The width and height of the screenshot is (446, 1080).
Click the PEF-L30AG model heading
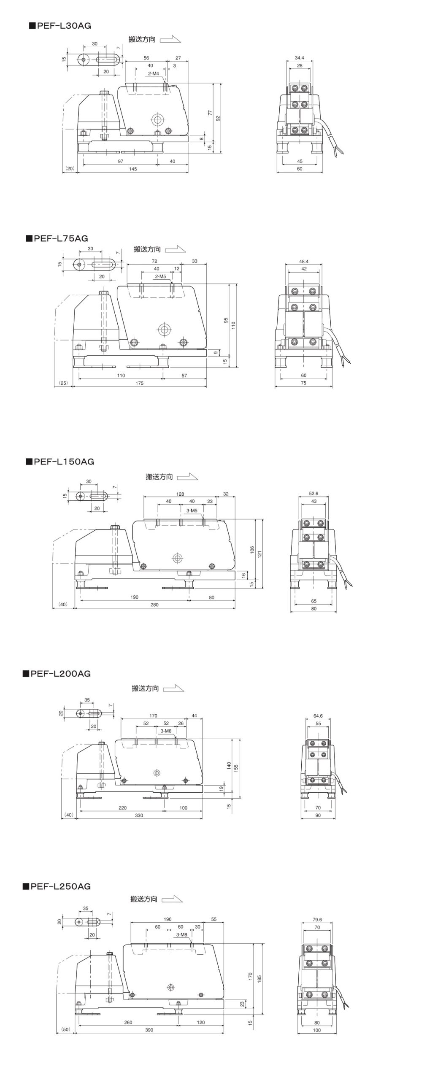(60, 26)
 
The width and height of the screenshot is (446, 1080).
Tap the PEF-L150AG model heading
(60, 462)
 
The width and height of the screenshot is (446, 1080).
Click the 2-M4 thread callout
(153, 73)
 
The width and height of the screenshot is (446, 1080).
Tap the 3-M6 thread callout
(166, 731)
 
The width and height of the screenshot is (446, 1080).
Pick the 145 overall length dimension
(133, 169)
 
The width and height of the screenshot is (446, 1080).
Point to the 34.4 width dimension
(300, 58)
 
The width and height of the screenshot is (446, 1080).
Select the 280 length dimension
(154, 605)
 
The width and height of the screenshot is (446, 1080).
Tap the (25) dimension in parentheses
(63, 383)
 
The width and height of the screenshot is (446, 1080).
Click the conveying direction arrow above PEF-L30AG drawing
(170, 40)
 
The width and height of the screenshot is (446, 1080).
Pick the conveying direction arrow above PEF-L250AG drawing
(172, 899)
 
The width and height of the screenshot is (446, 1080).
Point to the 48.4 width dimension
(304, 262)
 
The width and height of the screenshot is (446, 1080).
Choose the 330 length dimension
(139, 815)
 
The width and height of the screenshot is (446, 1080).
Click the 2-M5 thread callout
(160, 276)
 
